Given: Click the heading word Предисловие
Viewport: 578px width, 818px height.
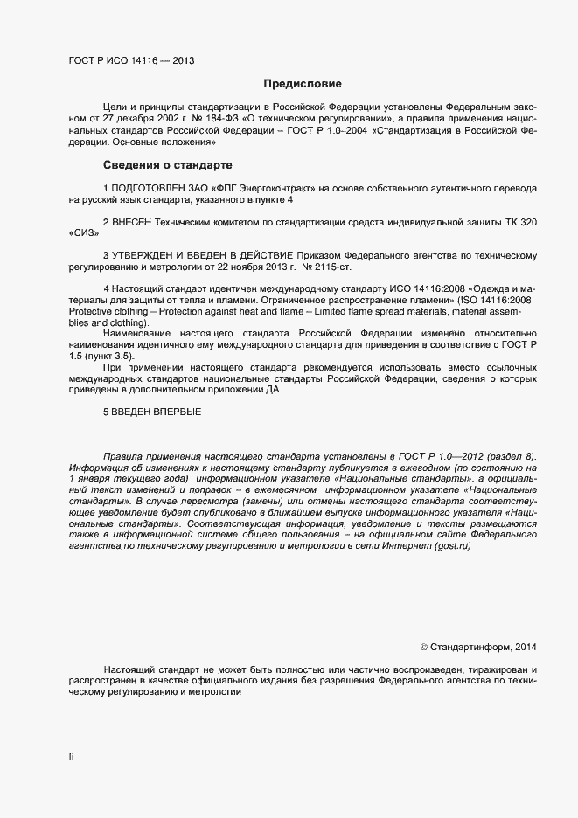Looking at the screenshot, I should pos(303,84).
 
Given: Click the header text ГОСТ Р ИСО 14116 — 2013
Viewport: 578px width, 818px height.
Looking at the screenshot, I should pos(131,61).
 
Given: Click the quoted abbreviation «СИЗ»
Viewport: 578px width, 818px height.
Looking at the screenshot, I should pos(85,233).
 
